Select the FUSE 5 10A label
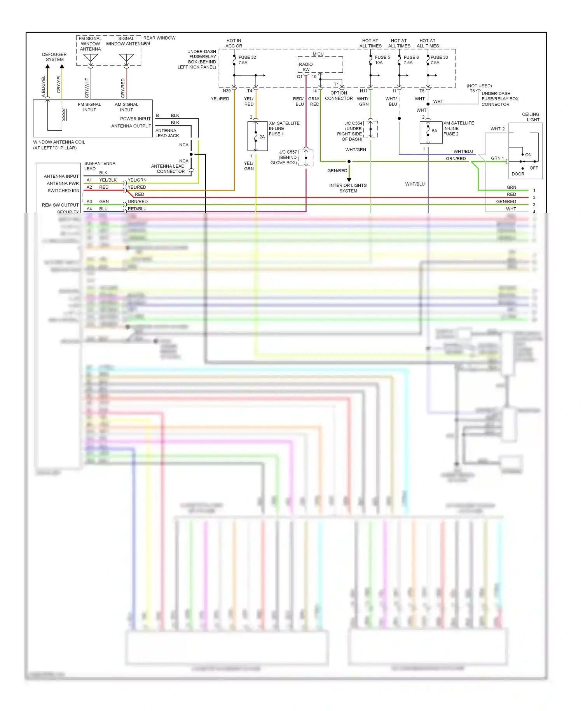click(382, 60)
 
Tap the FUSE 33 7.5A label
click(438, 60)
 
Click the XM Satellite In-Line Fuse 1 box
click(257, 136)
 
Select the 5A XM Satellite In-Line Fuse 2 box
click(431, 132)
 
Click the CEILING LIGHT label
click(531, 117)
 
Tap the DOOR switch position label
click(518, 174)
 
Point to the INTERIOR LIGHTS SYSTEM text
click(348, 188)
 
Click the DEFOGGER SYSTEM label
click(54, 57)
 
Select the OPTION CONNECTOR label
click(339, 96)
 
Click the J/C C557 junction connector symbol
click(306, 157)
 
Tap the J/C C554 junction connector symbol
click(371, 129)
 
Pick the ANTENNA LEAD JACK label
click(167, 133)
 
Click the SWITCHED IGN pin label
click(63, 191)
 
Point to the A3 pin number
click(89, 201)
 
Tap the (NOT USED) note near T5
click(479, 86)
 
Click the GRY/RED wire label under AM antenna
click(123, 88)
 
